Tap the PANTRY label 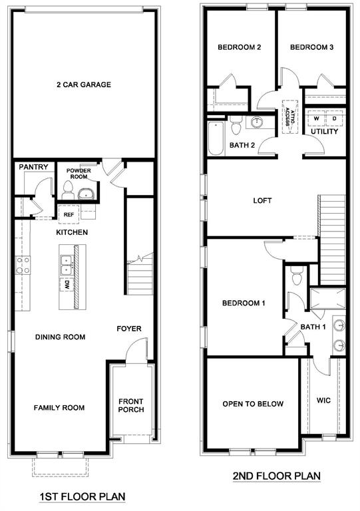pyautogui.click(x=33, y=166)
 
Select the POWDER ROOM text pyautogui.click(x=78, y=174)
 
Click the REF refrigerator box pyautogui.click(x=68, y=215)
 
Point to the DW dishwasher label pyautogui.click(x=67, y=285)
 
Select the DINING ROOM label pyautogui.click(x=60, y=337)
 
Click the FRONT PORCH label pyautogui.click(x=132, y=405)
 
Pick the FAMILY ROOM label pyautogui.click(x=59, y=408)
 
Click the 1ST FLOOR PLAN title pyautogui.click(x=83, y=496)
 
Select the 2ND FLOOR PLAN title pyautogui.click(x=276, y=476)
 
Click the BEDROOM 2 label pyautogui.click(x=239, y=47)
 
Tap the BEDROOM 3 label pyautogui.click(x=311, y=47)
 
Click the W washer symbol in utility pyautogui.click(x=317, y=118)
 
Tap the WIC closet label pyautogui.click(x=323, y=401)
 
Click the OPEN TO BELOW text pyautogui.click(x=253, y=404)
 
